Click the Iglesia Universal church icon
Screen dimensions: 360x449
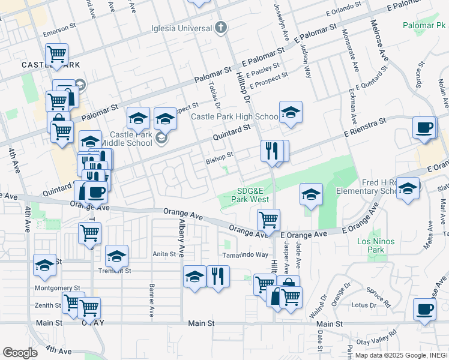click(x=221, y=28)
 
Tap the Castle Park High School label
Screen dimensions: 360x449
click(x=235, y=116)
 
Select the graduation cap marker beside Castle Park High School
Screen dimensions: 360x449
click(x=291, y=112)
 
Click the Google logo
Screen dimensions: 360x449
click(x=20, y=352)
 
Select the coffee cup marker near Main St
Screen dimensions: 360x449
click(x=425, y=310)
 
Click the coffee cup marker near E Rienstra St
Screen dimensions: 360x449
click(x=425, y=128)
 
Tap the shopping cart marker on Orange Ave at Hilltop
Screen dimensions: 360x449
click(x=268, y=219)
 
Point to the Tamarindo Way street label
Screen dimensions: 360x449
click(x=246, y=255)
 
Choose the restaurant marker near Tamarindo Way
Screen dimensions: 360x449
click(x=218, y=277)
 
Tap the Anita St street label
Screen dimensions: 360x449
click(x=164, y=254)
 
